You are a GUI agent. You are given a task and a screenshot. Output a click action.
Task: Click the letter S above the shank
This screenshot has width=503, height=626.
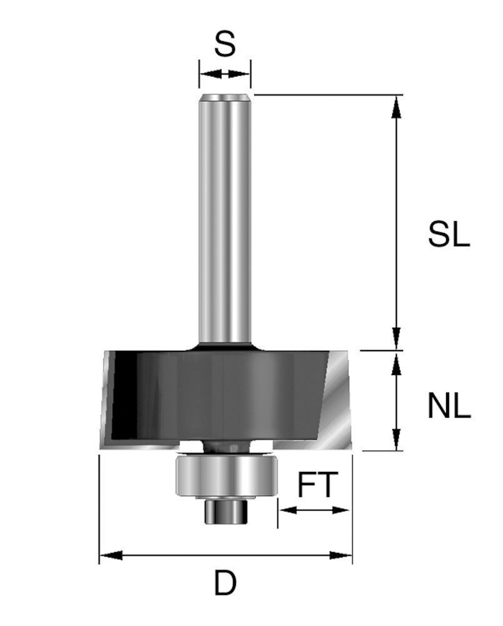coord(225,44)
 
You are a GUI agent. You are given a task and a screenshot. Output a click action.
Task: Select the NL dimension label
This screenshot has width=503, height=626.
coord(449,406)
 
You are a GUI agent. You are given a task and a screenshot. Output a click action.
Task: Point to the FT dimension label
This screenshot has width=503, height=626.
coord(318,485)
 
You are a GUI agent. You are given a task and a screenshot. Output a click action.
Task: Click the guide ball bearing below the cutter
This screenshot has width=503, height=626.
coord(225,476)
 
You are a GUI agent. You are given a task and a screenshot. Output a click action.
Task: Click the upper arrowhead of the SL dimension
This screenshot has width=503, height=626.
coord(395,106)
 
